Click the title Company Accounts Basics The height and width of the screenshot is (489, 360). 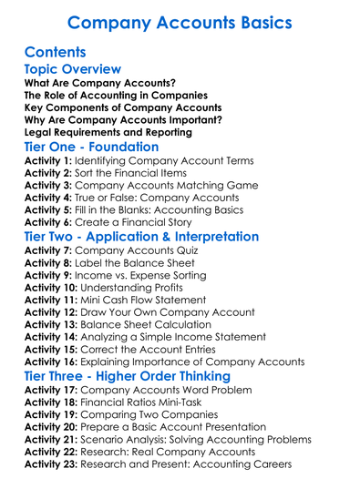[180, 21]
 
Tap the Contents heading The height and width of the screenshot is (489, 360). [56, 52]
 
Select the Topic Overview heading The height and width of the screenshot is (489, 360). [72, 69]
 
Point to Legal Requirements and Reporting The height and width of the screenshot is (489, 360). [108, 132]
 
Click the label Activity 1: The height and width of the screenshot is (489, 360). [46, 160]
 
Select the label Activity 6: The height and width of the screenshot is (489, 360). [46, 221]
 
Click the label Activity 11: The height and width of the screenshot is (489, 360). [51, 299]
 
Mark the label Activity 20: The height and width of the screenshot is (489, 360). [51, 426]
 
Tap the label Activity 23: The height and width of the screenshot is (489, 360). [51, 464]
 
